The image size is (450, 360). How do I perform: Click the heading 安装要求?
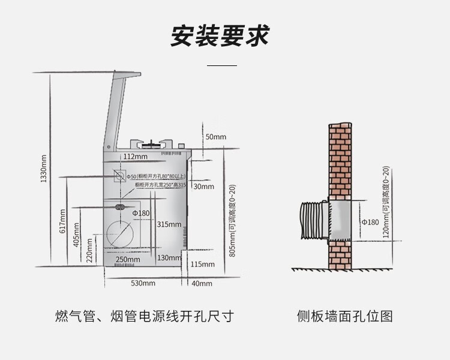pyautogui.click(x=220, y=36)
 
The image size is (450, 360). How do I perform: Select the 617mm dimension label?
pyautogui.click(x=62, y=222)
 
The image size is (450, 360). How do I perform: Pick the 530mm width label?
pyautogui.click(x=143, y=283)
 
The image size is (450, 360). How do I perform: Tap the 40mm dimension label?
pyautogui.click(x=202, y=283)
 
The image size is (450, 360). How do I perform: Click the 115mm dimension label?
pyautogui.click(x=202, y=264)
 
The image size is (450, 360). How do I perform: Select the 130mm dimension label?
pyautogui.click(x=169, y=258)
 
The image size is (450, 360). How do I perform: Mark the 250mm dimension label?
pyautogui.click(x=128, y=259)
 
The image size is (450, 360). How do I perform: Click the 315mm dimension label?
pyautogui.click(x=169, y=224)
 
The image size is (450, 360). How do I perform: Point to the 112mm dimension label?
pyautogui.click(x=135, y=157)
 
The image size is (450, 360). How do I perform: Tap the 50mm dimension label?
pyautogui.click(x=215, y=137)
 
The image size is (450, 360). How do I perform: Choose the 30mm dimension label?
pyautogui.click(x=204, y=186)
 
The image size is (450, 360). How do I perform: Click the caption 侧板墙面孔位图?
pyautogui.click(x=344, y=316)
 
